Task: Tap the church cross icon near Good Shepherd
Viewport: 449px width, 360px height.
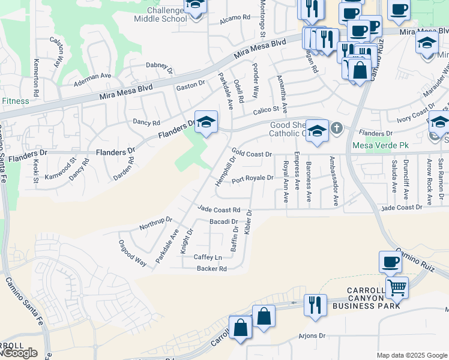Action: coord(337,128)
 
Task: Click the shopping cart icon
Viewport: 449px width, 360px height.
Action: coord(397,288)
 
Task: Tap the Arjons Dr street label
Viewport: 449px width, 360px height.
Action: coord(312,336)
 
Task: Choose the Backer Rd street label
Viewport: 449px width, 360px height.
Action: coord(212,269)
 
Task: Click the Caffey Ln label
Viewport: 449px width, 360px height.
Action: coord(208,257)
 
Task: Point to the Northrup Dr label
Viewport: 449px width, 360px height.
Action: coord(155,223)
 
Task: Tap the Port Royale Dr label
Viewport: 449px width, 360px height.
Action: coord(252,178)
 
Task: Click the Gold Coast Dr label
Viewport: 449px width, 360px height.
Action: coord(252,154)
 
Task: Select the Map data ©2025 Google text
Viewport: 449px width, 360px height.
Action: coord(412,355)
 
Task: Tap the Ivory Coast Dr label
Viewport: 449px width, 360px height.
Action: coord(415,112)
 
